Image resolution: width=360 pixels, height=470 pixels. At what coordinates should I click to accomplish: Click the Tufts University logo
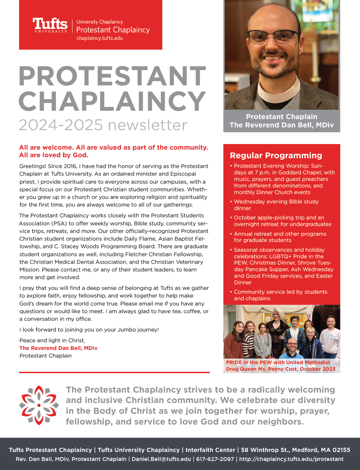[50, 25]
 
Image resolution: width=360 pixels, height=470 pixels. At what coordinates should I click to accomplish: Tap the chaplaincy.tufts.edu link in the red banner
[100, 38]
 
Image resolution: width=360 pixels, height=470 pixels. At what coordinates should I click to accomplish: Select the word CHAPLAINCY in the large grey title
[112, 101]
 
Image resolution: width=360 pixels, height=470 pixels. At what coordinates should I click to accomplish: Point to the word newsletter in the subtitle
[147, 125]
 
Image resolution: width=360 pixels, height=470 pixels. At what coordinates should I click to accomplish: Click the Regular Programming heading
[276, 156]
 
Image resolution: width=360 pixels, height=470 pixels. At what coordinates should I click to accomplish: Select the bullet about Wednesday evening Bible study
[276, 205]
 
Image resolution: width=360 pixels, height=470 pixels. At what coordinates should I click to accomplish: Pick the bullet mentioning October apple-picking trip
[282, 221]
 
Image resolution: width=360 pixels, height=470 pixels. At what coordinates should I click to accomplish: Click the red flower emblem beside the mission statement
[39, 405]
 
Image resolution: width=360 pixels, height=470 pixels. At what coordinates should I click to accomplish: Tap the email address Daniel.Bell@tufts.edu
[161, 459]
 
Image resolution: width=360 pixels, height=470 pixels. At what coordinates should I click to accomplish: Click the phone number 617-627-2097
[215, 459]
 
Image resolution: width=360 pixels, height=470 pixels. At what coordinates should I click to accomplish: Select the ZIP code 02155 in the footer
[341, 450]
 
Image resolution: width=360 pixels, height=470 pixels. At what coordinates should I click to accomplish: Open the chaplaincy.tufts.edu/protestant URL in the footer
[291, 459]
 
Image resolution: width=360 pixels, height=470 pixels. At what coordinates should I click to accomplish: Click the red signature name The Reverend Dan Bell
[58, 348]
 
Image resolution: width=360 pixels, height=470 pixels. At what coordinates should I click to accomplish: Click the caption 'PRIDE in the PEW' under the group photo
[249, 362]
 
